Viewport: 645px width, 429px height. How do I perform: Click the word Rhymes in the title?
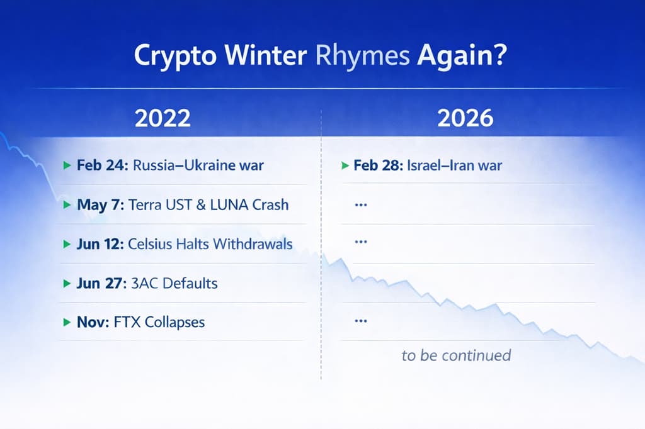pos(362,56)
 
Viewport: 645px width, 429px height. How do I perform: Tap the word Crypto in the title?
pos(175,56)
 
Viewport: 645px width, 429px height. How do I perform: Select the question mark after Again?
pos(500,54)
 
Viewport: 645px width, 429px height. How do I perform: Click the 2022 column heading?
pos(163,118)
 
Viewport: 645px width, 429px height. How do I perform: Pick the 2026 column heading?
pos(465,118)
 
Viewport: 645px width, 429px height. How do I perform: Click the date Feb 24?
pos(103,165)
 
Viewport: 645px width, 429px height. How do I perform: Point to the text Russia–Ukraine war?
pos(198,165)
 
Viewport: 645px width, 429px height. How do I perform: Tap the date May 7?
pos(100,204)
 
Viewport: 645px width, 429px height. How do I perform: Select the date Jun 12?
pos(100,243)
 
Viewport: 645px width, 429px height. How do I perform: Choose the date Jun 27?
pos(101,283)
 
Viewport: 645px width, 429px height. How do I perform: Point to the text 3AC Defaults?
pos(174,283)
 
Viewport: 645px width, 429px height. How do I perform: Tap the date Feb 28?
pos(378,165)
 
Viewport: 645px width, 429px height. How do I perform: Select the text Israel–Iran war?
pos(455,165)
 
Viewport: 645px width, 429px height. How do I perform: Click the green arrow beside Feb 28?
pos(345,165)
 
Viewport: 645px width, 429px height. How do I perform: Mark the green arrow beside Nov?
pos(67,322)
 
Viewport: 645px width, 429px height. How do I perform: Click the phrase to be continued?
pos(456,355)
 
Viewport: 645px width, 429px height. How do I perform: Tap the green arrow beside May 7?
pos(67,204)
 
